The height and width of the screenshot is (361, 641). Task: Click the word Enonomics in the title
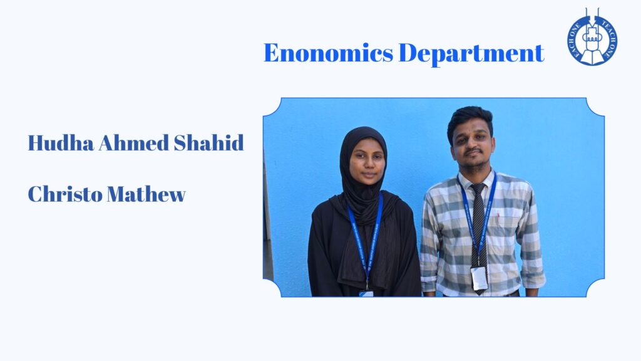pos(329,53)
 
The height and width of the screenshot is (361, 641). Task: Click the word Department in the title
pos(471,54)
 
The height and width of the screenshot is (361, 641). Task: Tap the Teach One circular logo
pos(592,38)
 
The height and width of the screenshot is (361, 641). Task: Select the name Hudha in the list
pos(61,143)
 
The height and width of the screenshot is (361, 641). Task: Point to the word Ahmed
pos(134,143)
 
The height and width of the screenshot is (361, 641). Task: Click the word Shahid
pos(209,143)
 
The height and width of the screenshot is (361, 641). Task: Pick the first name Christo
pos(65,194)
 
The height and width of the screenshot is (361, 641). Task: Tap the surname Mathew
pos(146,194)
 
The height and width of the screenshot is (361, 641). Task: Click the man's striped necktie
pos(479,233)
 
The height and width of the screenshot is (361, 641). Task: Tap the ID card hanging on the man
pos(479,278)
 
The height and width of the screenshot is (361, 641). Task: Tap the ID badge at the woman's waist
pos(366,293)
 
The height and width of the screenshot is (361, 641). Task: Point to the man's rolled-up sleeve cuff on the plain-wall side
pos(533,280)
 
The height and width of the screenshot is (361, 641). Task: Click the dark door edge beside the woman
pos(268,221)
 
